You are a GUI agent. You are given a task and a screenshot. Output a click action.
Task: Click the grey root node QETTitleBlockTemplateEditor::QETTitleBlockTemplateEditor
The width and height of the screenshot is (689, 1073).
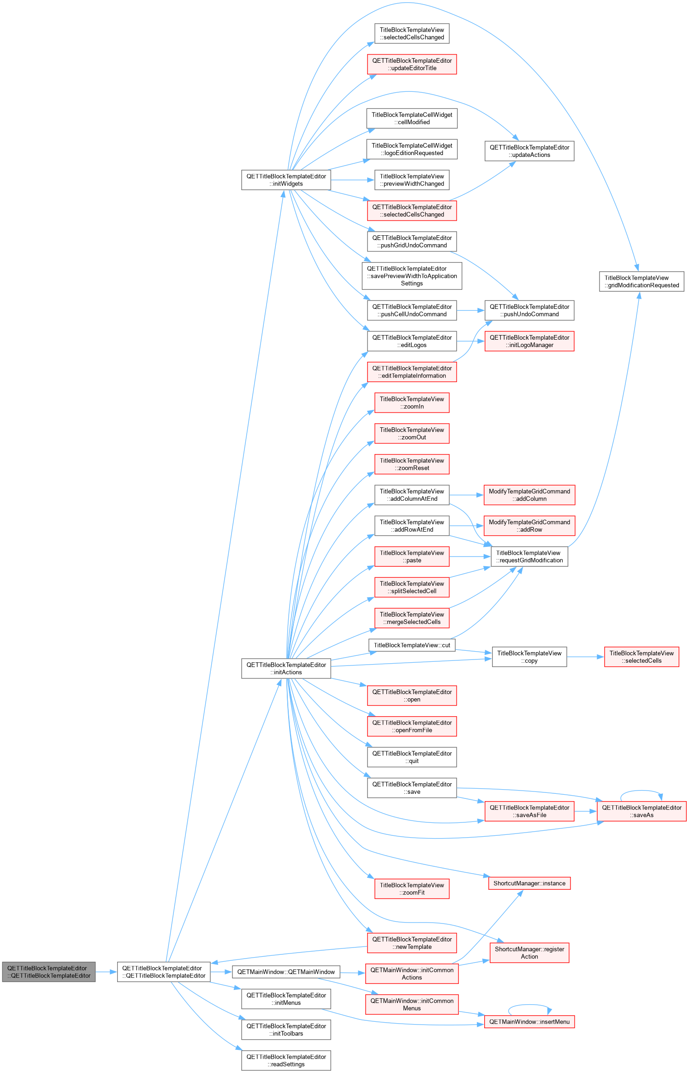(x=49, y=972)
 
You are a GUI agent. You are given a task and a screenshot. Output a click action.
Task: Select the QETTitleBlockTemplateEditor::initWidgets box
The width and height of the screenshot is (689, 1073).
(x=286, y=180)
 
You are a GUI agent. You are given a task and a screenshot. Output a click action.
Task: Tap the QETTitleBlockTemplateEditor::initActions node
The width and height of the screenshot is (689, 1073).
(x=286, y=668)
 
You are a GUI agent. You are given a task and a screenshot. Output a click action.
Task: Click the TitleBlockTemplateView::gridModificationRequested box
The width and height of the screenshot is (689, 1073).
(x=641, y=282)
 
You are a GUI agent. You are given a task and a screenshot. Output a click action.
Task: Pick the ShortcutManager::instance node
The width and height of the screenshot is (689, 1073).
(x=529, y=883)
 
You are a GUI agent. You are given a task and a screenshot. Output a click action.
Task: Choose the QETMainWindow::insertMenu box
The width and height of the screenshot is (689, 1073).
(x=529, y=1022)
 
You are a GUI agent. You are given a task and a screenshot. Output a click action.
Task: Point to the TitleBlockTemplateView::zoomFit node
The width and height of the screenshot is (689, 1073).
(x=412, y=889)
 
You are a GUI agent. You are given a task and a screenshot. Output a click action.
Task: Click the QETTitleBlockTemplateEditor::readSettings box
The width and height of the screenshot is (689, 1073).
(x=286, y=1061)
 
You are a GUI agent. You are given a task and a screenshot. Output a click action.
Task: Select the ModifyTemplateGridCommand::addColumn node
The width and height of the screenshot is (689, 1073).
(x=529, y=495)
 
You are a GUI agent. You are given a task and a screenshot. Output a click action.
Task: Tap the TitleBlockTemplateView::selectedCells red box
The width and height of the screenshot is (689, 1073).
(x=641, y=657)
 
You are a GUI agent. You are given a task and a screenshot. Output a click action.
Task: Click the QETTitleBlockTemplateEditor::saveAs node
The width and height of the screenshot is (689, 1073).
(x=641, y=811)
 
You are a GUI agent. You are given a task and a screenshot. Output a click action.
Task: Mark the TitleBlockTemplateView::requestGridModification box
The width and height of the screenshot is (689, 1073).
(x=529, y=557)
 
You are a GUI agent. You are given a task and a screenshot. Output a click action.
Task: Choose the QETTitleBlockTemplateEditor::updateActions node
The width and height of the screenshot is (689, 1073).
(x=529, y=151)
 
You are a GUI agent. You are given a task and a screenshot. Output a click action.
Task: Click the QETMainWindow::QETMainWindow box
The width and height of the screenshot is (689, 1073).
(x=286, y=972)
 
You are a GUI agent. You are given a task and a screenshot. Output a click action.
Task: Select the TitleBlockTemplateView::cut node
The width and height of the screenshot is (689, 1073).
(x=412, y=645)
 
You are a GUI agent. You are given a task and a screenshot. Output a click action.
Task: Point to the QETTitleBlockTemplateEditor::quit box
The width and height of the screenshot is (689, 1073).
(x=412, y=757)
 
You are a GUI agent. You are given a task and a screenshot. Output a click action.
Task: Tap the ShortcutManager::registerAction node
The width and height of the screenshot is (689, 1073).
(x=529, y=953)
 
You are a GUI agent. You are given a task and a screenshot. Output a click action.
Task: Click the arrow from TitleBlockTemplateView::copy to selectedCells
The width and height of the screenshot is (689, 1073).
(x=586, y=657)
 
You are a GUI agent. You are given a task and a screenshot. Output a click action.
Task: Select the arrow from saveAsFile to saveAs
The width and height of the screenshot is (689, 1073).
(x=586, y=811)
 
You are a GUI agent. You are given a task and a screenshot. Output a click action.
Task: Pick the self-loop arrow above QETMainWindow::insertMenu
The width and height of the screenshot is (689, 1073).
(x=529, y=1005)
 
